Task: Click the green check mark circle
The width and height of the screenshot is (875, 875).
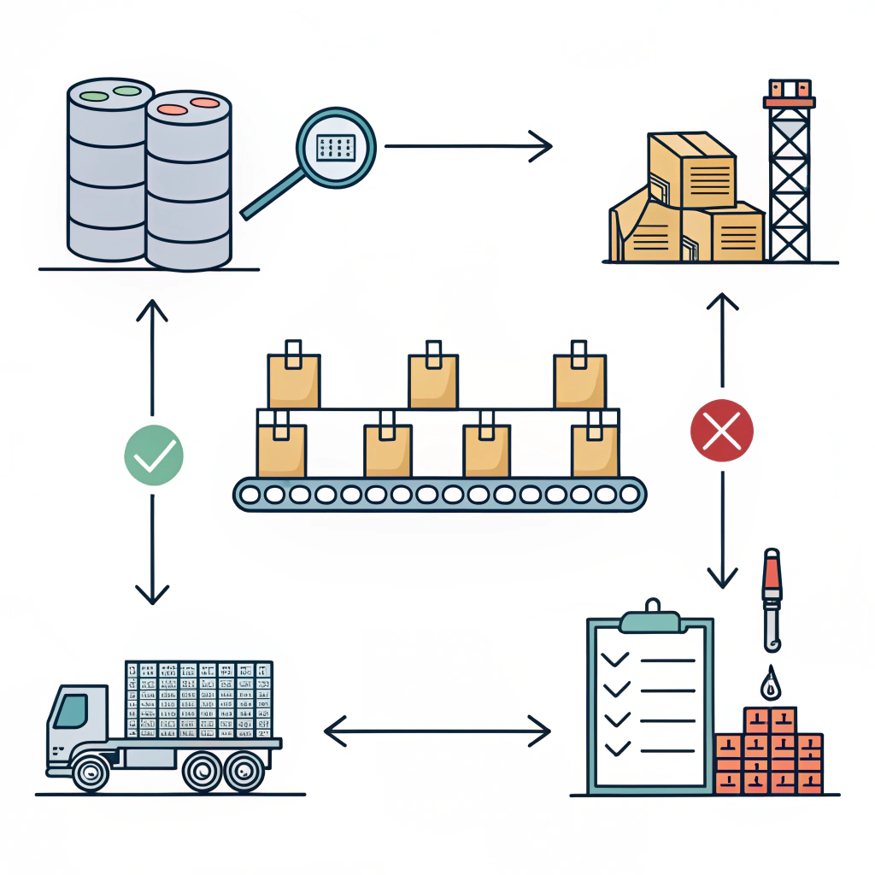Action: (x=154, y=455)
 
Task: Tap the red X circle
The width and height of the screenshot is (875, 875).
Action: (x=722, y=431)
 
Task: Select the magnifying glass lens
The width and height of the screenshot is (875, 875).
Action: (x=336, y=147)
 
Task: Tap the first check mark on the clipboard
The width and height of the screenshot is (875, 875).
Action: (x=615, y=660)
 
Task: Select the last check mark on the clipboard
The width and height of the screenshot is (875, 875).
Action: (x=615, y=748)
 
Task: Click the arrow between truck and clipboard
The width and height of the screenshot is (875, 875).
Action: (x=437, y=731)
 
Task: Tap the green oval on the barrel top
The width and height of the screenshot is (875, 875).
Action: (x=126, y=90)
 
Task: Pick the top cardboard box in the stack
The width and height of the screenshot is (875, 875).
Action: (x=692, y=169)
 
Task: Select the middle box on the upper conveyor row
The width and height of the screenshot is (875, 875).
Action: (x=433, y=379)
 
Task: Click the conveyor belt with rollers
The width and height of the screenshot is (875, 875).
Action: (x=439, y=494)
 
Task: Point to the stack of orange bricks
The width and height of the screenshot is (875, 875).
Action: (x=768, y=752)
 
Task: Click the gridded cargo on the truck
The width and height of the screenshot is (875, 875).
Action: (x=198, y=699)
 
